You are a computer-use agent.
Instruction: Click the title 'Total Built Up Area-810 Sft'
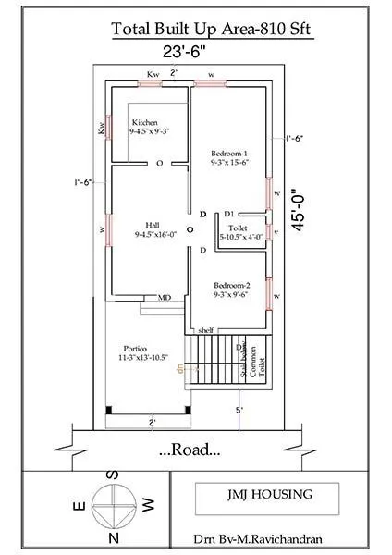click(x=212, y=30)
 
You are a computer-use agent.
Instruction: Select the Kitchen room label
click(x=146, y=127)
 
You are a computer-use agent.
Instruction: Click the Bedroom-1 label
click(x=230, y=156)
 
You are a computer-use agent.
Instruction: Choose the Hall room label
click(x=152, y=229)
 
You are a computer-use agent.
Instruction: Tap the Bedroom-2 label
click(x=230, y=290)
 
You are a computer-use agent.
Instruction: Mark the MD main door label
click(x=164, y=298)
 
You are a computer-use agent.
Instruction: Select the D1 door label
click(x=227, y=214)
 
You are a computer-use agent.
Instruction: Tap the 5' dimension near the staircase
click(x=239, y=410)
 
